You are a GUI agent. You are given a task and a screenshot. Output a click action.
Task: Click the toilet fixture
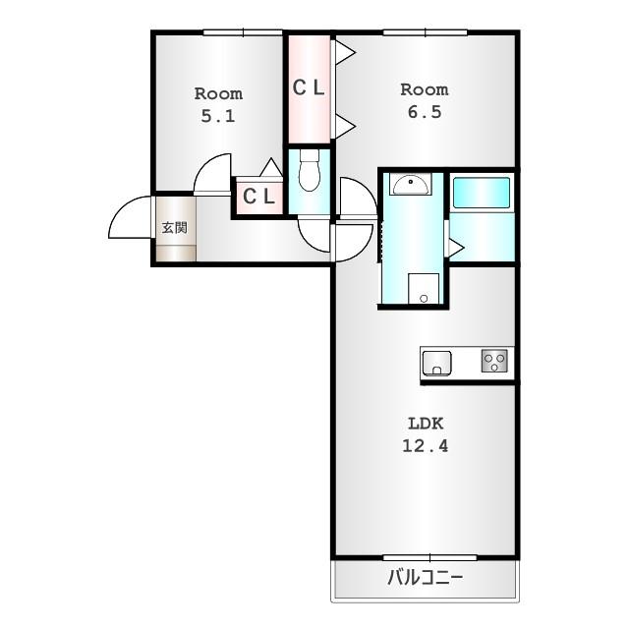(x=310, y=170)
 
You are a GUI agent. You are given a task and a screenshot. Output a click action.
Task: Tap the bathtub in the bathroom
(x=482, y=193)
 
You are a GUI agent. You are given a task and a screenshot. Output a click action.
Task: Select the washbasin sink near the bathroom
(x=411, y=185)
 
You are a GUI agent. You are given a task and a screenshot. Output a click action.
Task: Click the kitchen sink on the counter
(x=436, y=363)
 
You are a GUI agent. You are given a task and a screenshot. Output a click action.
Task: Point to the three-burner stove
(x=494, y=361)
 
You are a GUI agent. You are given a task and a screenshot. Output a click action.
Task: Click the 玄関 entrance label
(x=175, y=228)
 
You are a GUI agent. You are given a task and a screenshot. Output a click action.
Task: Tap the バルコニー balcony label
(x=426, y=578)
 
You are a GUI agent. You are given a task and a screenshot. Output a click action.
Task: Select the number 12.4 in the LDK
(x=426, y=445)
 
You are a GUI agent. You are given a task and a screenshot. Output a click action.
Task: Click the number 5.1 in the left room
(x=218, y=116)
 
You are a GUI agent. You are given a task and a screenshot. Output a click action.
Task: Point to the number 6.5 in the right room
(x=425, y=112)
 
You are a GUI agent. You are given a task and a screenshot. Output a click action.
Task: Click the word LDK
(x=426, y=424)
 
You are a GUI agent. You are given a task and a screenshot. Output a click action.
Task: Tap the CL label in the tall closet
(x=309, y=87)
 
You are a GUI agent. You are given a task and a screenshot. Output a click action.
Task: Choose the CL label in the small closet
(x=258, y=197)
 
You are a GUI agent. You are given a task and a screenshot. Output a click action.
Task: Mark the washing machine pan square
(x=424, y=289)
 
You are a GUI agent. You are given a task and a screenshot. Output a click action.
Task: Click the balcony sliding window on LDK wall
(x=429, y=557)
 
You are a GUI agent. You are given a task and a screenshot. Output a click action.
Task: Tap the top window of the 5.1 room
(x=243, y=32)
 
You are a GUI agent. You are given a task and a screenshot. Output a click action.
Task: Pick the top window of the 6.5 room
(x=426, y=32)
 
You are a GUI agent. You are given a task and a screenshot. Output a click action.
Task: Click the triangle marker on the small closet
(x=271, y=167)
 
